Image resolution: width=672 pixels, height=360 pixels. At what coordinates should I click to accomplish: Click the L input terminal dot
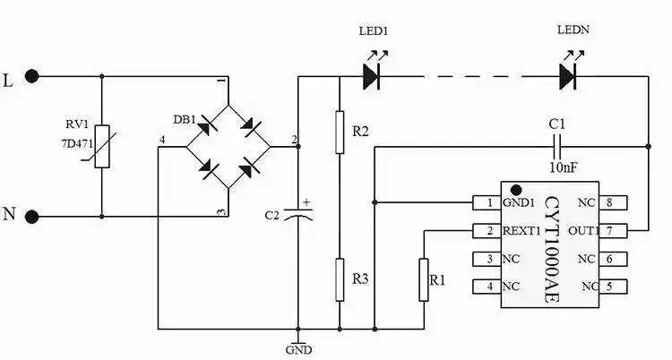[33, 77]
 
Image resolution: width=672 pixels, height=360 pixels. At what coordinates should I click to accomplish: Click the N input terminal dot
[33, 216]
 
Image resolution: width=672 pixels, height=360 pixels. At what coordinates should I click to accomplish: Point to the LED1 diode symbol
[372, 77]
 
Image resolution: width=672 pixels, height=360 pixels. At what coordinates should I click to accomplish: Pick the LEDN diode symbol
[568, 77]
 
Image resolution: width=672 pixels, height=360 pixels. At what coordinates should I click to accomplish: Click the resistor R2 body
[340, 132]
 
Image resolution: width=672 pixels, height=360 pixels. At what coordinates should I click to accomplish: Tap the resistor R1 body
[422, 279]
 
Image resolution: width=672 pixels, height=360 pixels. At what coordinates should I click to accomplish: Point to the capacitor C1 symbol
[557, 143]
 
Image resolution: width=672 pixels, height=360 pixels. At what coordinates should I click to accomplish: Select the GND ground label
[297, 349]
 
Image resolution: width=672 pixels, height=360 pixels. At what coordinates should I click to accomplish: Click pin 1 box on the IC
[489, 202]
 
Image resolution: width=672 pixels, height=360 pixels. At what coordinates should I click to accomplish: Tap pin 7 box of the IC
[610, 231]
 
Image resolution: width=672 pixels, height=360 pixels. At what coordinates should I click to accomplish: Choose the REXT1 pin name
[521, 231]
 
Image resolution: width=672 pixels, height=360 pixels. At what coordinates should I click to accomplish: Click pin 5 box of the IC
[610, 287]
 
